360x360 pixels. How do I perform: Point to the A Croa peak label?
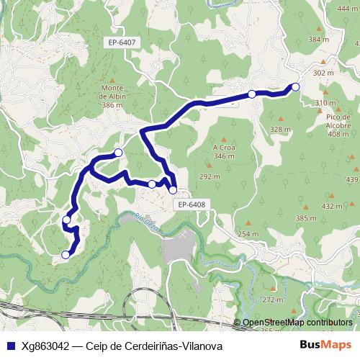tap(225, 151)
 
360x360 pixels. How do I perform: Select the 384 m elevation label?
tap(318, 40)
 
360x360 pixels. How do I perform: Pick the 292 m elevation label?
tap(209, 176)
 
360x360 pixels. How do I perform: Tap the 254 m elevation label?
tap(248, 234)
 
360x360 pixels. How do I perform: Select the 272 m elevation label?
tap(273, 300)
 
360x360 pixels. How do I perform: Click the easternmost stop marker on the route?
tap(294, 87)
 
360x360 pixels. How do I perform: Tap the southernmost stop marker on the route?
tap(66, 254)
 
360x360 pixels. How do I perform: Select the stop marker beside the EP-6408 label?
tap(173, 190)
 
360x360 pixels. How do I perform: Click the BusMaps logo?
tap(325, 346)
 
